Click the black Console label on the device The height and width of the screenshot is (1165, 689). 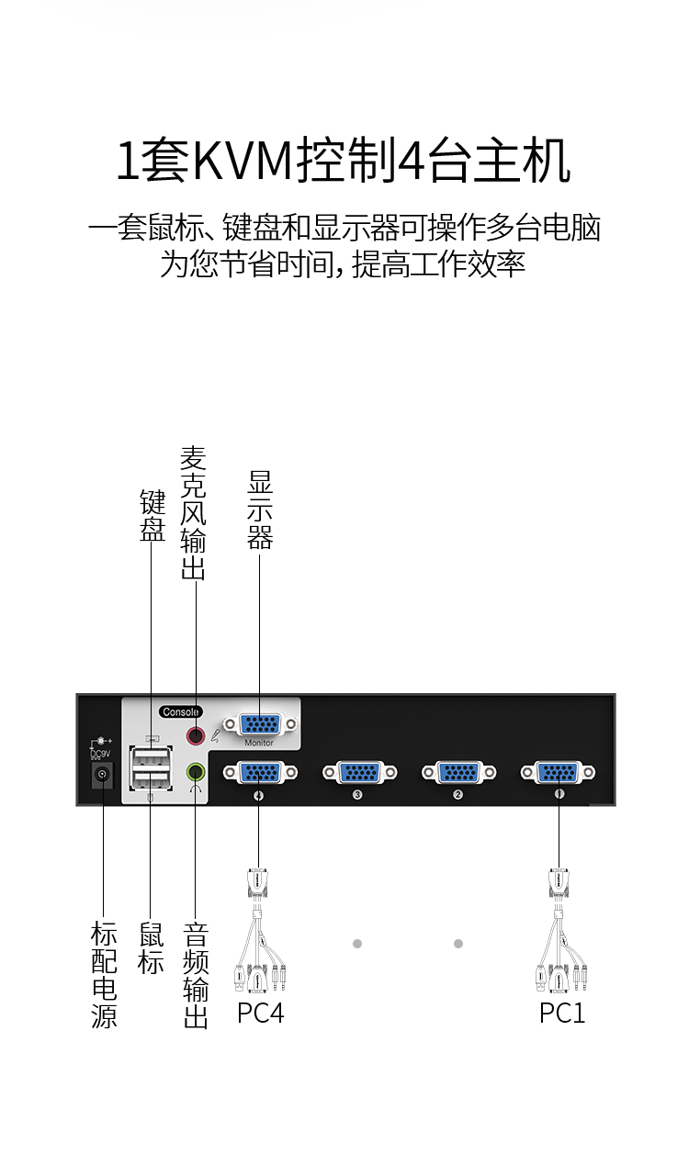tap(180, 711)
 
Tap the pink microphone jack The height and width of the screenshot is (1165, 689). tap(196, 736)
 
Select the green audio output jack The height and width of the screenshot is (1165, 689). tap(196, 772)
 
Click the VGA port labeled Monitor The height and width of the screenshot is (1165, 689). tap(260, 724)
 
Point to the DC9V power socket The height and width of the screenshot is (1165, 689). tap(102, 776)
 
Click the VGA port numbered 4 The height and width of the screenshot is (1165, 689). tap(260, 772)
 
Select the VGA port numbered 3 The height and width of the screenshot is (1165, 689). tap(359, 772)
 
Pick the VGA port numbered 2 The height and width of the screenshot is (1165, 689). tap(459, 772)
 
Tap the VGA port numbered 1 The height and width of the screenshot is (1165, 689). tap(558, 772)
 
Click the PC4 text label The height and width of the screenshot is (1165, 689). tap(260, 1014)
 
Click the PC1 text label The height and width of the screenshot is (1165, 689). tap(562, 1014)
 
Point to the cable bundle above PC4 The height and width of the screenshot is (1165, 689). tap(259, 931)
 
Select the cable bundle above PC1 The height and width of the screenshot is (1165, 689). tap(561, 931)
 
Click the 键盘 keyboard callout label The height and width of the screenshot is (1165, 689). tap(152, 515)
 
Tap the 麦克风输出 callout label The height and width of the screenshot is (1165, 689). tap(193, 513)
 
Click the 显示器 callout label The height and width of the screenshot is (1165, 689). tap(260, 510)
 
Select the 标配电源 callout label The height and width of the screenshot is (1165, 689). tap(104, 975)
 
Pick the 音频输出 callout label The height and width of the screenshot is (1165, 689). tap(196, 975)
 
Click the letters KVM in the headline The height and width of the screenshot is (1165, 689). tap(243, 160)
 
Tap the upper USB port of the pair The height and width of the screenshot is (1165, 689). tap(152, 756)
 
